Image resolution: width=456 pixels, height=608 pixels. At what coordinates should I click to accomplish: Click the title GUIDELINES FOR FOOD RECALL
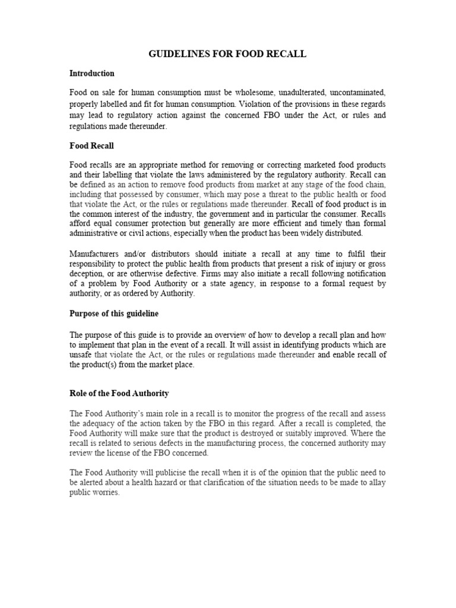(x=227, y=54)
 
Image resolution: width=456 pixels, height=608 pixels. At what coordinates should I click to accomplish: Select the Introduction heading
(x=91, y=74)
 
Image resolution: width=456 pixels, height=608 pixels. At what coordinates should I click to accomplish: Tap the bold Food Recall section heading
(x=91, y=145)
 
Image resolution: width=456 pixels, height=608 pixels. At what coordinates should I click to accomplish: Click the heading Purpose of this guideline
(x=114, y=313)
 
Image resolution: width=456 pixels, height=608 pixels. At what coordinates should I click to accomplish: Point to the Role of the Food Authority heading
(x=119, y=393)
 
